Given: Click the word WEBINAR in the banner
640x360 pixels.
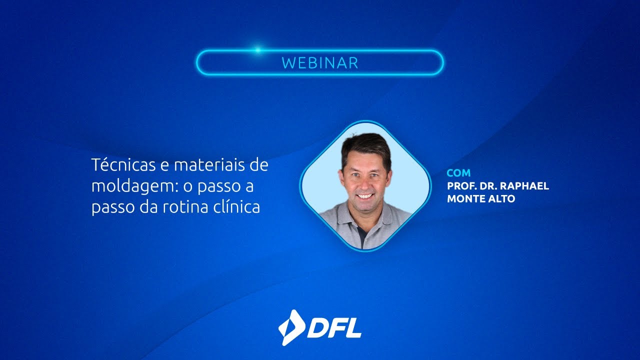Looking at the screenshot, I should coord(320,63).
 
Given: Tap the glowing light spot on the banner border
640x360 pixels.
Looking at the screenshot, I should coord(258,50).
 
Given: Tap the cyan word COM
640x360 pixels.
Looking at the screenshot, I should coord(458,173).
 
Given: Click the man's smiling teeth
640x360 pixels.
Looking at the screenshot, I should coord(365,196).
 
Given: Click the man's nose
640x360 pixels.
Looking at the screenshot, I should coord(365,182).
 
